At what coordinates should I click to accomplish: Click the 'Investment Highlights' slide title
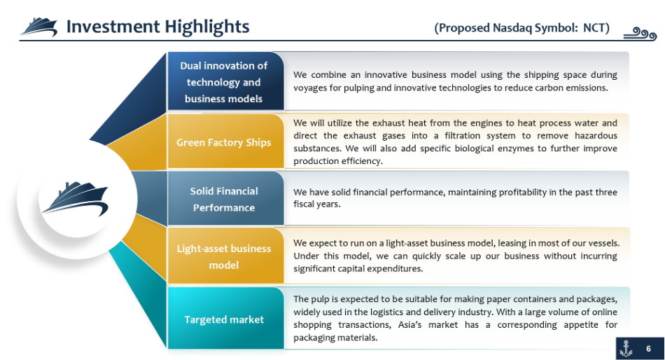(x=157, y=27)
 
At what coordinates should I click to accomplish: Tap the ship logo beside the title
(x=39, y=27)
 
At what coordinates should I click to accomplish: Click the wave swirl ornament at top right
(x=640, y=34)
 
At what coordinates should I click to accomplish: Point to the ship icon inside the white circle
(x=76, y=200)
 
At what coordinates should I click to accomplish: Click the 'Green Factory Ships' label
(x=223, y=142)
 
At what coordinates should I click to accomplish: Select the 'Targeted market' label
(x=224, y=319)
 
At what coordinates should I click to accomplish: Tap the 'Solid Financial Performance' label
(x=224, y=199)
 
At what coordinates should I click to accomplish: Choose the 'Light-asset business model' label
(x=224, y=256)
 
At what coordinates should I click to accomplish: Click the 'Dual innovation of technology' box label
(x=223, y=82)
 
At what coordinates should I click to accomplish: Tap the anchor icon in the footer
(x=626, y=348)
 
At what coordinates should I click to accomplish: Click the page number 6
(x=648, y=349)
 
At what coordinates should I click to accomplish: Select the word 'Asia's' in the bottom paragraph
(x=409, y=325)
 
